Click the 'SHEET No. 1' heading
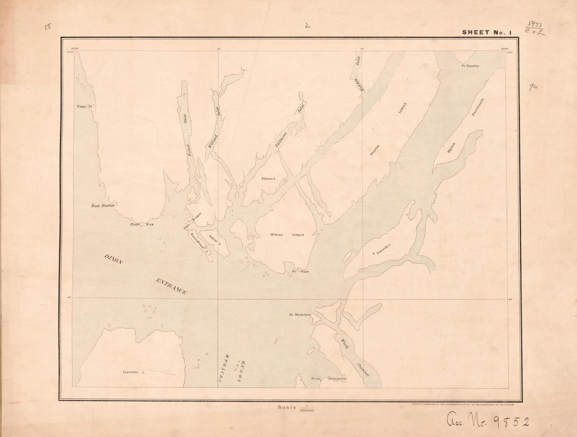[x=486, y=32]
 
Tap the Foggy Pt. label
[x=84, y=106]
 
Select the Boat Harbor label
[x=103, y=205]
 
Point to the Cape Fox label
[x=143, y=224]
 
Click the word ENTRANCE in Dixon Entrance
[x=171, y=287]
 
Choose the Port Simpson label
[x=328, y=378]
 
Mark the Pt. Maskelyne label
[x=300, y=315]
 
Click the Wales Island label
[x=286, y=235]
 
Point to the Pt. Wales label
[x=301, y=271]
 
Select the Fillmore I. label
[x=269, y=179]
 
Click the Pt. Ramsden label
[x=471, y=66]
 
